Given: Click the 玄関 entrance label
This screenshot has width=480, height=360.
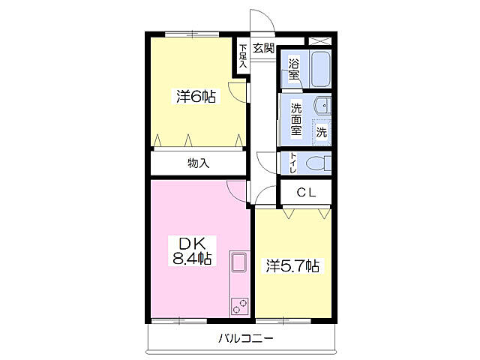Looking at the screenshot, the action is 263,48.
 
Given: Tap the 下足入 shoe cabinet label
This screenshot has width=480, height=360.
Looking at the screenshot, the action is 243,56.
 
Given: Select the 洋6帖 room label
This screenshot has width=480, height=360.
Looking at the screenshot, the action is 196,97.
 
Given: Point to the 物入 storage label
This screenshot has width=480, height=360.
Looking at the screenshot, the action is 199,163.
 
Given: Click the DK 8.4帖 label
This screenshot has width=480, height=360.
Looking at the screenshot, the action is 192,251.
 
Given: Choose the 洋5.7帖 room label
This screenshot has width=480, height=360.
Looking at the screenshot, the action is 292,265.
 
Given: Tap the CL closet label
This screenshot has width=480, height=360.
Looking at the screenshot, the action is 306,193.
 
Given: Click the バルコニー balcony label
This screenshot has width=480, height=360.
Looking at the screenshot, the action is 246,338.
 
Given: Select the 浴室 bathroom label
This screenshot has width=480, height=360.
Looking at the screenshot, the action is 294,69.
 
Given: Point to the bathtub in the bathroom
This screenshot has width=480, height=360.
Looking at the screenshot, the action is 321,69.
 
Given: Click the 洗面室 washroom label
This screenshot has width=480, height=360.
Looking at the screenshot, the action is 296,119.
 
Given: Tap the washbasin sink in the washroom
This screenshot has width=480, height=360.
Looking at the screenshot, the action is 322,106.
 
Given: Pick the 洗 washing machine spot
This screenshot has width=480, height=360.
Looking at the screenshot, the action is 322,132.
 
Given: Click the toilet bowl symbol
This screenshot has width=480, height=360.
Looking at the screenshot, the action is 319,163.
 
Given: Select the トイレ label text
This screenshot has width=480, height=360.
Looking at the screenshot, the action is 293,163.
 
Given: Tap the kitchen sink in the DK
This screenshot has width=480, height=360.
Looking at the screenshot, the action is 239,262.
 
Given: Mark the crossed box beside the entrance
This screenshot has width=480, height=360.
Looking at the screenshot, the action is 319,41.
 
